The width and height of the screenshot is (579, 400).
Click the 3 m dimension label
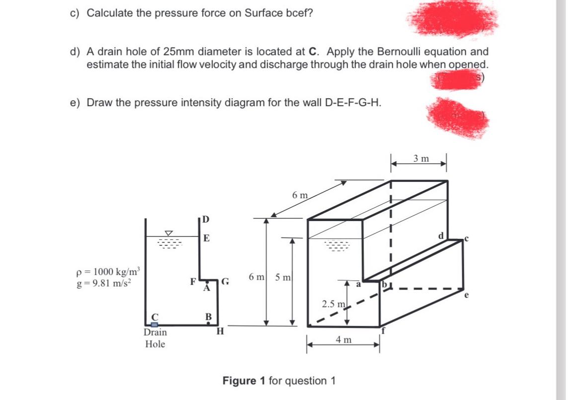(x=422, y=159)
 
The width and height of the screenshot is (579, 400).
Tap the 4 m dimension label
(x=344, y=340)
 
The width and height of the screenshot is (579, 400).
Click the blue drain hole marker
(x=154, y=325)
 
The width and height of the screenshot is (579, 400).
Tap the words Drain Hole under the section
(x=155, y=338)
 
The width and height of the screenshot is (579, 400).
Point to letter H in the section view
(x=221, y=332)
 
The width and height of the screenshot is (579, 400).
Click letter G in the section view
(x=225, y=283)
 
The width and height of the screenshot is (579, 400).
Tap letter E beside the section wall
(x=206, y=238)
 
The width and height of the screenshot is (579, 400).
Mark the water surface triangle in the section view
(x=169, y=232)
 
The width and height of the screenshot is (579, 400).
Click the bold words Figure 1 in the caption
(x=244, y=381)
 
